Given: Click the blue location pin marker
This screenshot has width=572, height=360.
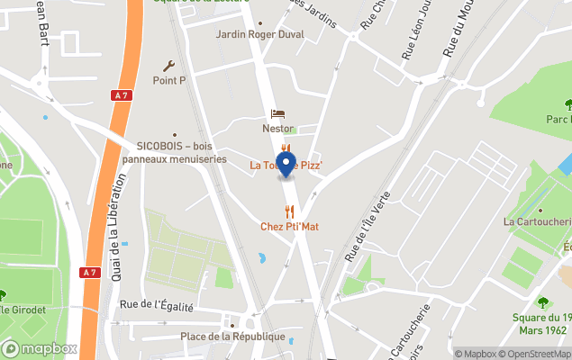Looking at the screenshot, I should (x=286, y=165).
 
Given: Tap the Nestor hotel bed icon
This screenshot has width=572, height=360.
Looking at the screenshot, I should (x=278, y=114).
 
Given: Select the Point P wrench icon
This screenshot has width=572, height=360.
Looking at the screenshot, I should (x=168, y=65).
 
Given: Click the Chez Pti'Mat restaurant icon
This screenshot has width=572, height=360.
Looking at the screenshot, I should (x=289, y=211).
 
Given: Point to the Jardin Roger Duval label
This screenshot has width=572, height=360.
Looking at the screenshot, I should (x=259, y=34).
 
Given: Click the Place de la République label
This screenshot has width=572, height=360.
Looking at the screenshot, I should (x=232, y=337).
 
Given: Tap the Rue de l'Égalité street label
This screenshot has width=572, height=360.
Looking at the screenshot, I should (x=156, y=306).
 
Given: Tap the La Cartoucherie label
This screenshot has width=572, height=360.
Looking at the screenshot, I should (x=537, y=221).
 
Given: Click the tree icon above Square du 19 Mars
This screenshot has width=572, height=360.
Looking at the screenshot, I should (x=542, y=303).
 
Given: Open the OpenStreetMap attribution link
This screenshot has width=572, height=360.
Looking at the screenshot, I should (x=532, y=354).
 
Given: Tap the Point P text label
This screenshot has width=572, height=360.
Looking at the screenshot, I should (x=168, y=80).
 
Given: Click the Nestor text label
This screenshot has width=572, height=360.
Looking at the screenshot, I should (x=278, y=129).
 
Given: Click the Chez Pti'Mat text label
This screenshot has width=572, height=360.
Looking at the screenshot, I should (x=289, y=227).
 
